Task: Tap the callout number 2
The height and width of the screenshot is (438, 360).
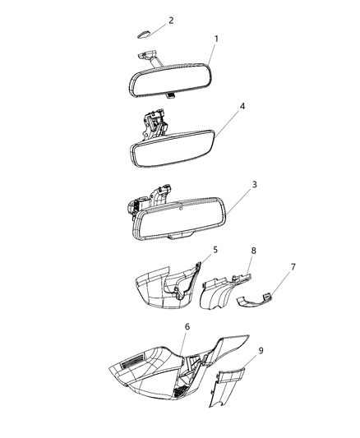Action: tap(171, 20)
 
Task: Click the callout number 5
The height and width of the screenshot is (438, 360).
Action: tap(215, 249)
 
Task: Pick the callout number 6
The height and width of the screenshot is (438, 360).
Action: tap(187, 326)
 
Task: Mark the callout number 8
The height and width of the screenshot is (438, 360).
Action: tap(253, 250)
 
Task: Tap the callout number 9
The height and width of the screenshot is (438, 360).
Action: tap(261, 350)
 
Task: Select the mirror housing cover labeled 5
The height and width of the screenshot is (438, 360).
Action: tap(164, 288)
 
